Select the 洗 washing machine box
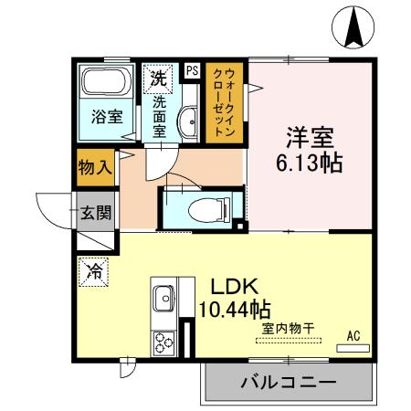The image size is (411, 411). pyautogui.click(x=156, y=76)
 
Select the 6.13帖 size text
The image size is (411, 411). pyautogui.click(x=311, y=166)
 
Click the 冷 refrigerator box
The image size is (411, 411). pyautogui.click(x=93, y=269)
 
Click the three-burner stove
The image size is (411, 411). pyautogui.click(x=165, y=343)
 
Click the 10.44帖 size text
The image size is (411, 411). pyautogui.click(x=234, y=309)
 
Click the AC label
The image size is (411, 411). pyautogui.click(x=353, y=337)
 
